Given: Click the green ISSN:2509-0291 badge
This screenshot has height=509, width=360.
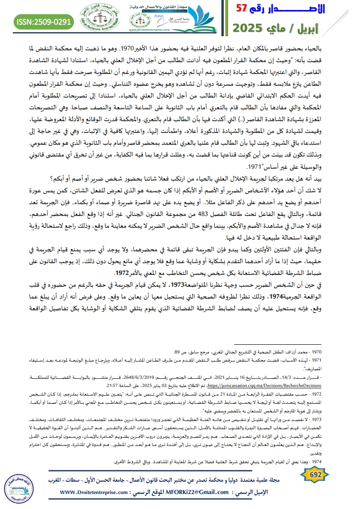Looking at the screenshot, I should pyautogui.click(x=44, y=21).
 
